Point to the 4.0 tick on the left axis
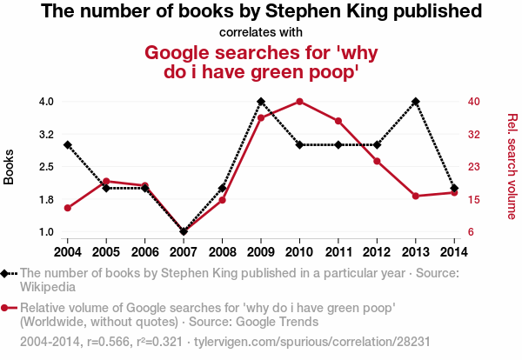coord(45,101)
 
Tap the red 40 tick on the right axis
coord(473,101)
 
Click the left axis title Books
coord(10,166)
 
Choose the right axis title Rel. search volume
coord(512,166)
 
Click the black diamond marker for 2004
coord(67,144)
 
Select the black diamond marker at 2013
coord(416,101)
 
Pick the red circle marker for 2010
coord(299,101)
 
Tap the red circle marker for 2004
coord(67,208)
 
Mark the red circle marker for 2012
coord(377,161)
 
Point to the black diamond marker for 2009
coord(261,101)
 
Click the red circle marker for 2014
coord(454,192)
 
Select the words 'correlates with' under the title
coord(261,33)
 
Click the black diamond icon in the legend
coord(7,273)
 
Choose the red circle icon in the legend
coord(7,307)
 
